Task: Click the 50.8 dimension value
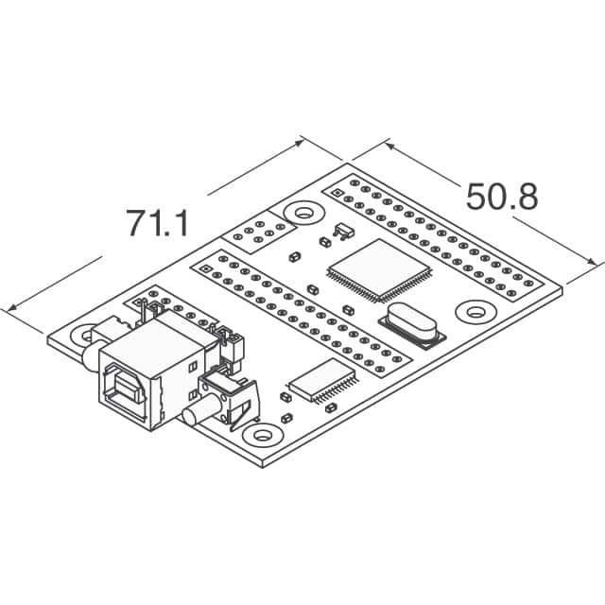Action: click(x=501, y=198)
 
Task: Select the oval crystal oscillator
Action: click(x=409, y=324)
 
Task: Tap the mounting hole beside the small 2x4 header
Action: click(x=301, y=214)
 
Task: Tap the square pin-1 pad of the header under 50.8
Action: click(x=354, y=183)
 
